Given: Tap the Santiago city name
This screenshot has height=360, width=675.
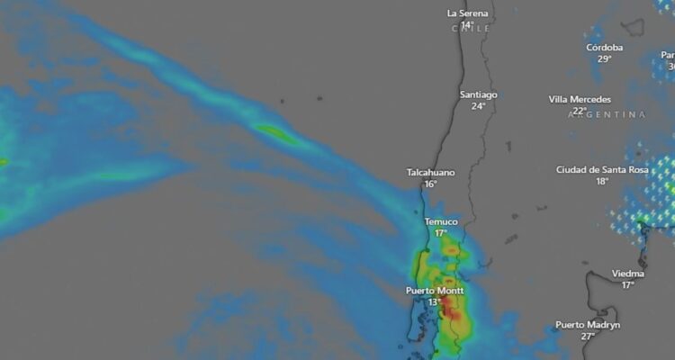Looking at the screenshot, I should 478,94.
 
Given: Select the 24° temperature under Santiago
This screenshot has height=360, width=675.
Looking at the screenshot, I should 478,106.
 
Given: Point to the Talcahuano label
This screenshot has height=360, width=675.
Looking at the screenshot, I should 430,172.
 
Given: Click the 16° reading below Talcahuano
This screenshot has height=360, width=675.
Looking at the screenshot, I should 430,184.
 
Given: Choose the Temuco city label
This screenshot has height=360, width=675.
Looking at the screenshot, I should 441,221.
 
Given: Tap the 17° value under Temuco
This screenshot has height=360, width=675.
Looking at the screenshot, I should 441,233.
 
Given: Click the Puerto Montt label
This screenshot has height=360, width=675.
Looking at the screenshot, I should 435,291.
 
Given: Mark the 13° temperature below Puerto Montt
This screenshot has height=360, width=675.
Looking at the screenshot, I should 435,302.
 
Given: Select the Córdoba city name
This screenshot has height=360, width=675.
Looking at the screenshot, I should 605,47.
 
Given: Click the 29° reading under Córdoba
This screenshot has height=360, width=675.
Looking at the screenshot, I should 605,58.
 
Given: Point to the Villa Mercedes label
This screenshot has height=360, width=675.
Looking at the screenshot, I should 580,99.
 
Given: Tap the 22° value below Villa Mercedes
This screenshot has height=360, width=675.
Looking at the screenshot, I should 580,111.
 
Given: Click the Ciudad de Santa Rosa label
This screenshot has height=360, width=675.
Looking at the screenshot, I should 601,169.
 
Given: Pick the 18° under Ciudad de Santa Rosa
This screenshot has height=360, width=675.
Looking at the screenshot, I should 601,181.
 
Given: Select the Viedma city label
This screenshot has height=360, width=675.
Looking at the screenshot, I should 627,273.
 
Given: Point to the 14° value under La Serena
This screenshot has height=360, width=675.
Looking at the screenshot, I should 467,24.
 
